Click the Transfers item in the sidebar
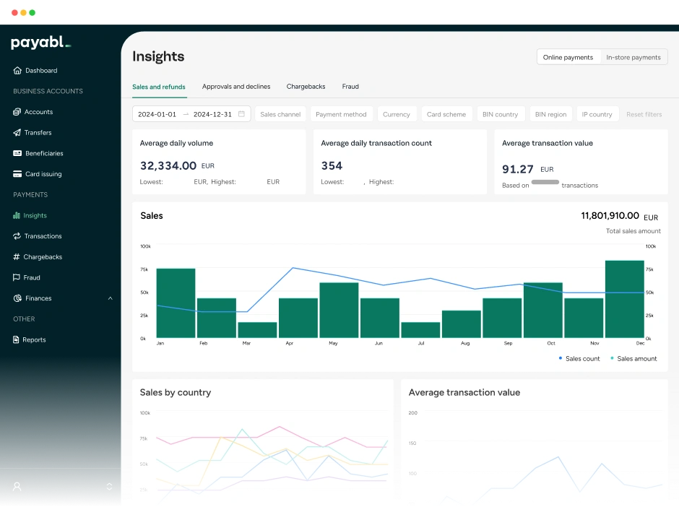(38, 133)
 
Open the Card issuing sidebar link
(43, 174)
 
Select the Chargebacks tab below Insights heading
(306, 87)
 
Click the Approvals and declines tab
(236, 87)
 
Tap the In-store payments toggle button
(633, 57)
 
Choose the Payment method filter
(341, 114)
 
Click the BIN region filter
(550, 114)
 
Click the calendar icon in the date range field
(241, 114)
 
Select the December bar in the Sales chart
(624, 299)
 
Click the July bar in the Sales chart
(420, 329)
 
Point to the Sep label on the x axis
(508, 344)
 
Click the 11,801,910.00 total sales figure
(610, 215)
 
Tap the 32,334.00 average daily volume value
(168, 165)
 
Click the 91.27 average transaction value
(519, 169)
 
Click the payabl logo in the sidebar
(40, 43)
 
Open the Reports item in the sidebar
(33, 339)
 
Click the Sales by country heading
(176, 393)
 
